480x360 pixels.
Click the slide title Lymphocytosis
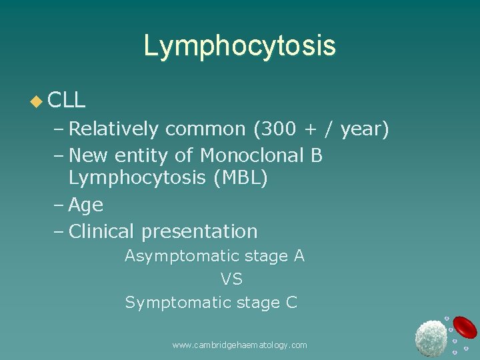point(239,46)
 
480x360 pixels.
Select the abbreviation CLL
point(67,101)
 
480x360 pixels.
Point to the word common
point(205,129)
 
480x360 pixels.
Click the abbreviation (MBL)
point(237,179)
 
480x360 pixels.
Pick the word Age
point(86,205)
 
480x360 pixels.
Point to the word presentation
point(199,232)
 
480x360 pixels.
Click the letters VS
point(231,279)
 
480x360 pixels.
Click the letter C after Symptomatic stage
point(291,303)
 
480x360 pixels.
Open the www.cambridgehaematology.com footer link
point(239,345)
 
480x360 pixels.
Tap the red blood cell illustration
point(465,327)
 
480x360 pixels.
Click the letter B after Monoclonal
point(317,155)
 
